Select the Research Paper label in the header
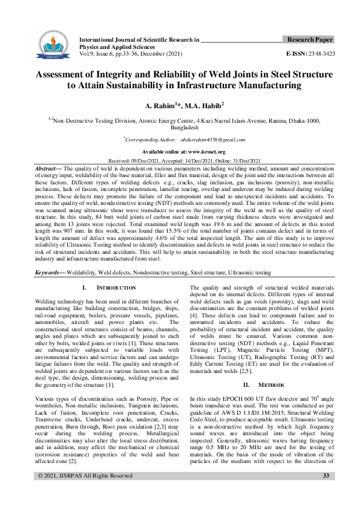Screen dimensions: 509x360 pyautogui.click(x=309, y=39)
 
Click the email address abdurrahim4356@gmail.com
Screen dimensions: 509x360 pyautogui.click(x=208, y=140)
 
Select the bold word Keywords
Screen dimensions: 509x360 pyautogui.click(x=51, y=273)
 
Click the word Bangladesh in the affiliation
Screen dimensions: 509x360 pyautogui.click(x=180, y=128)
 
